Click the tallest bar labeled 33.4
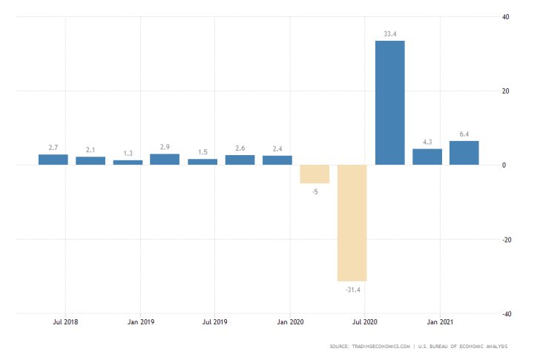tap(389, 102)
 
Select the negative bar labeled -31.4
tap(352, 223)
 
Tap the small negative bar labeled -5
tap(315, 174)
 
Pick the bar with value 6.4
tap(464, 153)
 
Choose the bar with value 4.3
tap(427, 157)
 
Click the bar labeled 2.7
tap(53, 160)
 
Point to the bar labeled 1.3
tap(128, 162)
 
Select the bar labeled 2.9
tap(165, 159)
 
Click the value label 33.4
tap(389, 33)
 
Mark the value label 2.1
tap(90, 150)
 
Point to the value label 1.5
tap(202, 152)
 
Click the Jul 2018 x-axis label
tap(65, 323)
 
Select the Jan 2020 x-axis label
tap(290, 323)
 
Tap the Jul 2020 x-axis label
tap(365, 323)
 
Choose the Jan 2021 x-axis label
tap(440, 323)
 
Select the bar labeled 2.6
tap(240, 160)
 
